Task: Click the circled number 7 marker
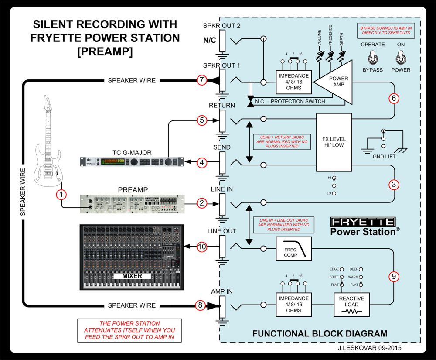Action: [x=201, y=80]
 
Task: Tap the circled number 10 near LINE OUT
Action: [x=201, y=247]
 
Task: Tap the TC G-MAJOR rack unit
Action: [x=131, y=162]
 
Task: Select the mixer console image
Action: [x=132, y=257]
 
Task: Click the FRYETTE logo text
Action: [x=362, y=222]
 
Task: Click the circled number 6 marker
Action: [x=394, y=98]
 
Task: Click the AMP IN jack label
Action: [x=222, y=291]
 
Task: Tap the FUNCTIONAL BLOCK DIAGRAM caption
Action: [x=320, y=334]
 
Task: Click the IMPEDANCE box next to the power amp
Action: [x=295, y=81]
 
